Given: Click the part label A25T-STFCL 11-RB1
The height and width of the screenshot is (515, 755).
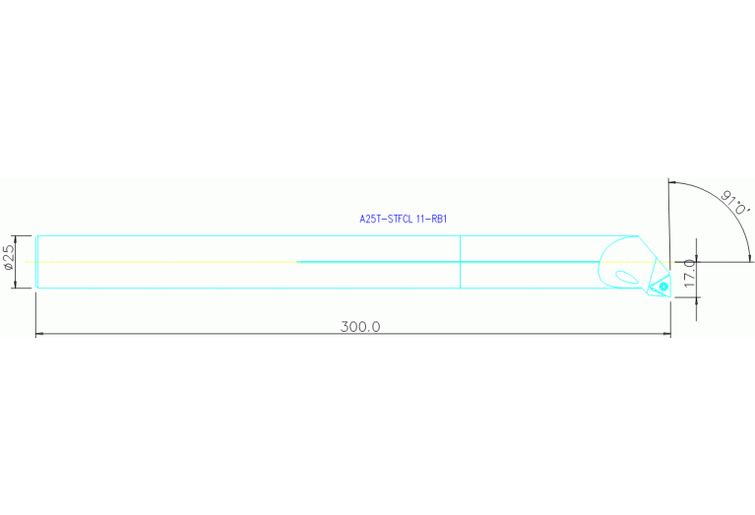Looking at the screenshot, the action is click(x=404, y=220).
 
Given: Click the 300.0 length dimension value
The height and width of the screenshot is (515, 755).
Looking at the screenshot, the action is click(x=360, y=327).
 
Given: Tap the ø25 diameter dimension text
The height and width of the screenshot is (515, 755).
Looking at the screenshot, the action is click(x=9, y=257).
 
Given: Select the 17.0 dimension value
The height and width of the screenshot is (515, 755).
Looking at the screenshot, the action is click(x=689, y=274).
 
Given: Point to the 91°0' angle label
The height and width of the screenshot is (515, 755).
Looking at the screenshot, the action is click(x=735, y=203).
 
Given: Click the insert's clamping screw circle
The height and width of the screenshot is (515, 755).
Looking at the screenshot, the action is click(x=663, y=287).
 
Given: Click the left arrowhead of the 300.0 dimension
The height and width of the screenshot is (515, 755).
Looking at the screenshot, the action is click(x=40, y=333).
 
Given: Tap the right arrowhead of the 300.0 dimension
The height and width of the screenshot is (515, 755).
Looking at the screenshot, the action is click(x=666, y=333).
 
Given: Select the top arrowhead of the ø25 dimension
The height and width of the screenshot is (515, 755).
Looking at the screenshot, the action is click(x=16, y=239).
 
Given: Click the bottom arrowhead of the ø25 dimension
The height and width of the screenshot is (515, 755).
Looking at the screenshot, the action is click(x=16, y=285).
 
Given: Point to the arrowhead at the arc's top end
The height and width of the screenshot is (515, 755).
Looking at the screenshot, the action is click(x=672, y=182).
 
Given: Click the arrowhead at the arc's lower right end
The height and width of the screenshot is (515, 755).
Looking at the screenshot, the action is click(x=749, y=258).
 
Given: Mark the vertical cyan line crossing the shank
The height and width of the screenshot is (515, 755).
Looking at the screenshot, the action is click(x=461, y=262).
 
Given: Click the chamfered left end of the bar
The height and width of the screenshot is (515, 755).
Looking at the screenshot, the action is click(x=36, y=262).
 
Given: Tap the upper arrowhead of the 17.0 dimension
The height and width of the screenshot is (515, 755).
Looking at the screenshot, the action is click(x=696, y=258).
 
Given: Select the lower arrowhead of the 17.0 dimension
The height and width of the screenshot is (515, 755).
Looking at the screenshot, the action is click(x=696, y=301).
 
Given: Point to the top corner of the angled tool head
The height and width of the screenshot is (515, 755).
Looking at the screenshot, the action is click(x=638, y=236).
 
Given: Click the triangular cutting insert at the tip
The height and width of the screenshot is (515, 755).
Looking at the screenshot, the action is click(x=659, y=286).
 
